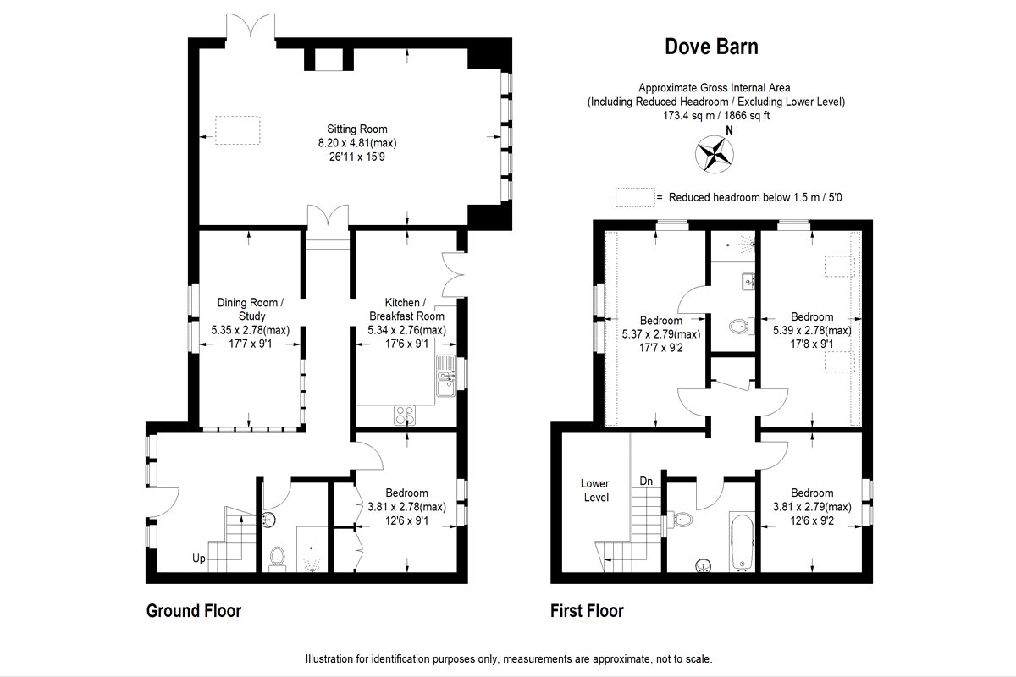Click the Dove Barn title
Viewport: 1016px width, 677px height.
tap(711, 47)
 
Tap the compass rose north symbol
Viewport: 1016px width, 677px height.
tap(715, 154)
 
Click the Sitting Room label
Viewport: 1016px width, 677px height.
tap(357, 129)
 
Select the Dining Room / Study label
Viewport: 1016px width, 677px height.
tap(251, 309)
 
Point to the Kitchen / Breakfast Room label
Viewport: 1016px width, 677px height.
tap(406, 309)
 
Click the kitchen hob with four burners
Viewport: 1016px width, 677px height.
tap(405, 415)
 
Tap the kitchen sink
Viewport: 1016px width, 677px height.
tap(446, 376)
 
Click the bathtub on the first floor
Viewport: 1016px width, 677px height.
tap(742, 542)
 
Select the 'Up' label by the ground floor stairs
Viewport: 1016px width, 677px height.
tap(199, 559)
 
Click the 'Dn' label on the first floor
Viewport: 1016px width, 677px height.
tap(646, 482)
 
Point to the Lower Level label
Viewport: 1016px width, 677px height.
tap(595, 490)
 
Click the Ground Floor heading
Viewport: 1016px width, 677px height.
tap(194, 611)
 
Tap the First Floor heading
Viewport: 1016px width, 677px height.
tap(587, 611)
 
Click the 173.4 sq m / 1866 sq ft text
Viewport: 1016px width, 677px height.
tap(716, 116)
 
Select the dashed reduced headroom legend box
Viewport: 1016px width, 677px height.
tap(635, 198)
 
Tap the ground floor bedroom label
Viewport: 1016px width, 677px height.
tap(406, 493)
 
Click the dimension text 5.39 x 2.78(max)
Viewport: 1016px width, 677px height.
tap(812, 331)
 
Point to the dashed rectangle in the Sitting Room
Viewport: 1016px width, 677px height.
tap(238, 130)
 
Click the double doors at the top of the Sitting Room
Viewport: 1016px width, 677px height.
tap(251, 27)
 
